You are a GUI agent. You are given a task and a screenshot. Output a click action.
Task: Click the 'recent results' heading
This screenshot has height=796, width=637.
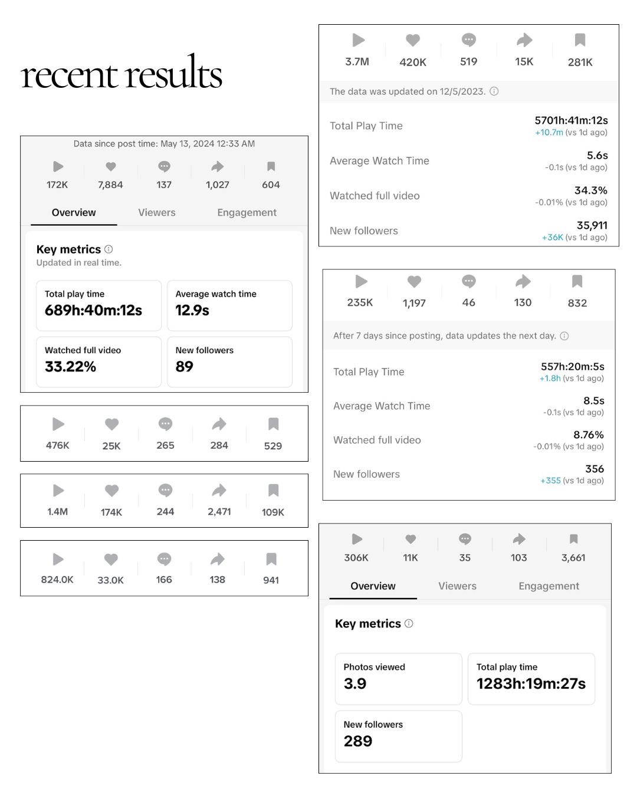121,72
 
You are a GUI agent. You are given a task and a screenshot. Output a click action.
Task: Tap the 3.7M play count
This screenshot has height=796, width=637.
357,61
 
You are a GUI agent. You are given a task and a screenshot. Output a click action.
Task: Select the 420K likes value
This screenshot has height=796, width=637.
413,62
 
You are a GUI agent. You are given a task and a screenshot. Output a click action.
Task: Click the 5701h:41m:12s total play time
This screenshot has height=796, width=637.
571,120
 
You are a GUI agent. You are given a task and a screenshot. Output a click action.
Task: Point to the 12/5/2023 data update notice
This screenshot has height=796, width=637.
408,91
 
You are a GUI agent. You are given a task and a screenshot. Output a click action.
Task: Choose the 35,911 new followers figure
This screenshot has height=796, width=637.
592,225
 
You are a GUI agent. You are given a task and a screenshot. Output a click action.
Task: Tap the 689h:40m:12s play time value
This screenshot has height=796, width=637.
93,310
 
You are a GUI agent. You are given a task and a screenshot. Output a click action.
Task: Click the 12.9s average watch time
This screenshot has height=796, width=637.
192,310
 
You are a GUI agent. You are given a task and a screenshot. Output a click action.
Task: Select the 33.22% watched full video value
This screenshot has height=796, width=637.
70,367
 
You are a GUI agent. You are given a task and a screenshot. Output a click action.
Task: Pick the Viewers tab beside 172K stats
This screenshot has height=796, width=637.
157,212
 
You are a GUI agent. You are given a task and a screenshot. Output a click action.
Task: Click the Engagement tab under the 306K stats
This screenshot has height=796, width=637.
549,586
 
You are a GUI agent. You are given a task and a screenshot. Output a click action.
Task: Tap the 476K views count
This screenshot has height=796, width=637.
57,445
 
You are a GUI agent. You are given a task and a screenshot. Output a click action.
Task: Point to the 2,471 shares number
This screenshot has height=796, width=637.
219,512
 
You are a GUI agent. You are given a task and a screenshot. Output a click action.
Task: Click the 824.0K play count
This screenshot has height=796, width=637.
57,579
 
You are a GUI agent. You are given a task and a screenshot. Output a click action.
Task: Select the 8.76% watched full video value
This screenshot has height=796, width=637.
589,435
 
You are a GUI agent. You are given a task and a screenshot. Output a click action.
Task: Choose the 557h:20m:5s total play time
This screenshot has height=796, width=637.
573,367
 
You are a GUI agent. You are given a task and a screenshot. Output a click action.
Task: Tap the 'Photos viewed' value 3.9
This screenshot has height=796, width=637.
355,683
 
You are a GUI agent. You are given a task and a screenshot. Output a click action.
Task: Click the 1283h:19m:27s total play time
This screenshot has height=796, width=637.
531,683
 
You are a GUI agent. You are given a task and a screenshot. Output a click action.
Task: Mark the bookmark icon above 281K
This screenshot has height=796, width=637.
580,40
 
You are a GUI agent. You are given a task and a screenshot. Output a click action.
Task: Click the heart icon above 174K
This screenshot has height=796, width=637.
111,491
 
